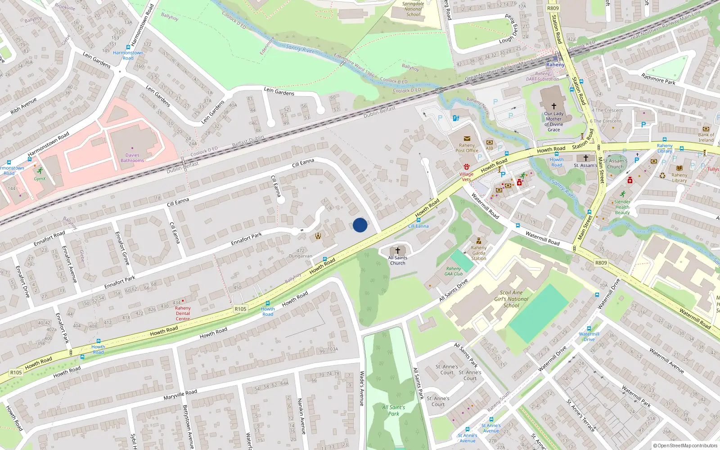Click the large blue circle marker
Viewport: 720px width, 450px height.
click(x=360, y=225)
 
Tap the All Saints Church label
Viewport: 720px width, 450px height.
click(x=397, y=261)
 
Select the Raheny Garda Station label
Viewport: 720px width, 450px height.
click(x=479, y=253)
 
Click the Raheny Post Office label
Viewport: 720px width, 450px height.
click(x=467, y=148)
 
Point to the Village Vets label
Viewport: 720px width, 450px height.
click(x=466, y=176)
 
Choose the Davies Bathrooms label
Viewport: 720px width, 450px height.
click(x=132, y=157)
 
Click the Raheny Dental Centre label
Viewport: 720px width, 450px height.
click(x=183, y=313)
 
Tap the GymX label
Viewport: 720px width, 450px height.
click(x=40, y=179)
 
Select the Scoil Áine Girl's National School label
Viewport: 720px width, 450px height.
click(x=511, y=299)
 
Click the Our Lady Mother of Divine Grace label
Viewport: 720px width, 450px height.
click(x=553, y=121)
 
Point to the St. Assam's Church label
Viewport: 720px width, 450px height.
click(x=615, y=163)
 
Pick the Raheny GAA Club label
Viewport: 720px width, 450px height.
click(x=454, y=271)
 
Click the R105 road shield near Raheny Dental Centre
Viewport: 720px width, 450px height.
click(x=240, y=309)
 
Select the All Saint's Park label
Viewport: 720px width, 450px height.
click(x=393, y=410)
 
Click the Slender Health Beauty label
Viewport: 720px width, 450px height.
click(x=622, y=207)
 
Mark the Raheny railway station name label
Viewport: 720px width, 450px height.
click(x=555, y=65)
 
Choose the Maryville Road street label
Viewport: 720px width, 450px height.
click(x=180, y=395)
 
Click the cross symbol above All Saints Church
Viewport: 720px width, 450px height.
click(x=397, y=251)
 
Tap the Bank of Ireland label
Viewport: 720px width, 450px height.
click(x=706, y=137)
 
